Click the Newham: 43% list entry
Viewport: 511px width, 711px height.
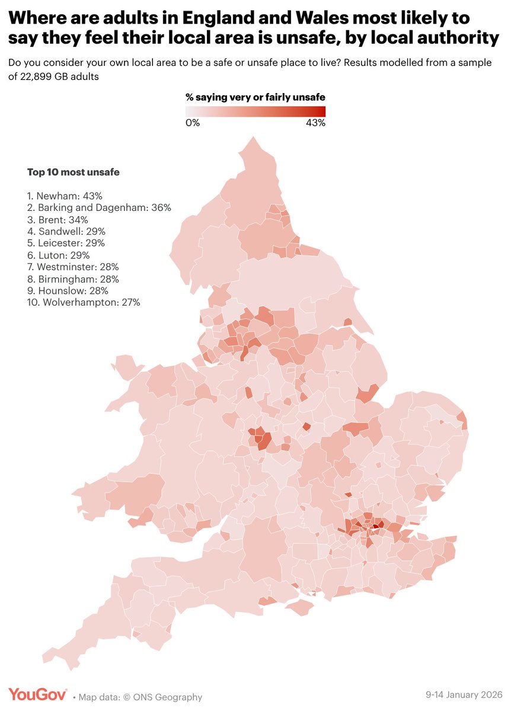[62, 196]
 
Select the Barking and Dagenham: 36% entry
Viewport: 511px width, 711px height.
[99, 207]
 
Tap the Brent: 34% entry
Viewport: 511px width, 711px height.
[58, 220]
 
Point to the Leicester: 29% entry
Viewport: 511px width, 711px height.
[66, 244]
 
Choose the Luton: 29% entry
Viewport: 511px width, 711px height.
[58, 255]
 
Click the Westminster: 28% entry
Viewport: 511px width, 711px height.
[73, 267]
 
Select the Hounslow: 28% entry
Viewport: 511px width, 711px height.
[68, 291]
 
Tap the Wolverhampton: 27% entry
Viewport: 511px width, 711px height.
[84, 303]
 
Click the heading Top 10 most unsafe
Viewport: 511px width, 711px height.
[73, 172]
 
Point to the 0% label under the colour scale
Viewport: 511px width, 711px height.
[193, 123]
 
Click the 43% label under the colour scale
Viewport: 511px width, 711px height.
[315, 123]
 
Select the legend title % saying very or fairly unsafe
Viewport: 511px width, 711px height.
[255, 97]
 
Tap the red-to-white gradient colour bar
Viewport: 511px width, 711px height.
[255, 111]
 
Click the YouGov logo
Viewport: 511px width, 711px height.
[37, 695]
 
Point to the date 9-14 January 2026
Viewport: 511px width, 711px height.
[464, 694]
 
